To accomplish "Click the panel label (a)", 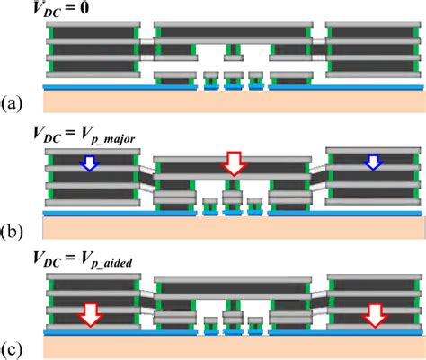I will (13, 104).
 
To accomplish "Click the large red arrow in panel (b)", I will (234, 162).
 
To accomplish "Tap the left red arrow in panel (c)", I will (89, 314).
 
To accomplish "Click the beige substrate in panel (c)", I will (234, 346).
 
